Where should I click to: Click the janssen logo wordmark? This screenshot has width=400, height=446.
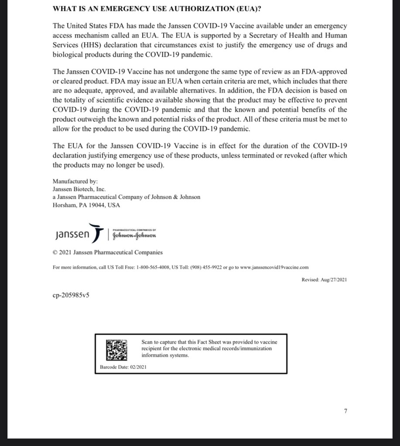72,235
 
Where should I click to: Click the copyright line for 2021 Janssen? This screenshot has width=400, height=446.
107,252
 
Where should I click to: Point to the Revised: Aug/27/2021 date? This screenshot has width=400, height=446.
324,280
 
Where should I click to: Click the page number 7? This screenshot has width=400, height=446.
345,411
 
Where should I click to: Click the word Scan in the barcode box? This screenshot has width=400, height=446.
147,342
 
